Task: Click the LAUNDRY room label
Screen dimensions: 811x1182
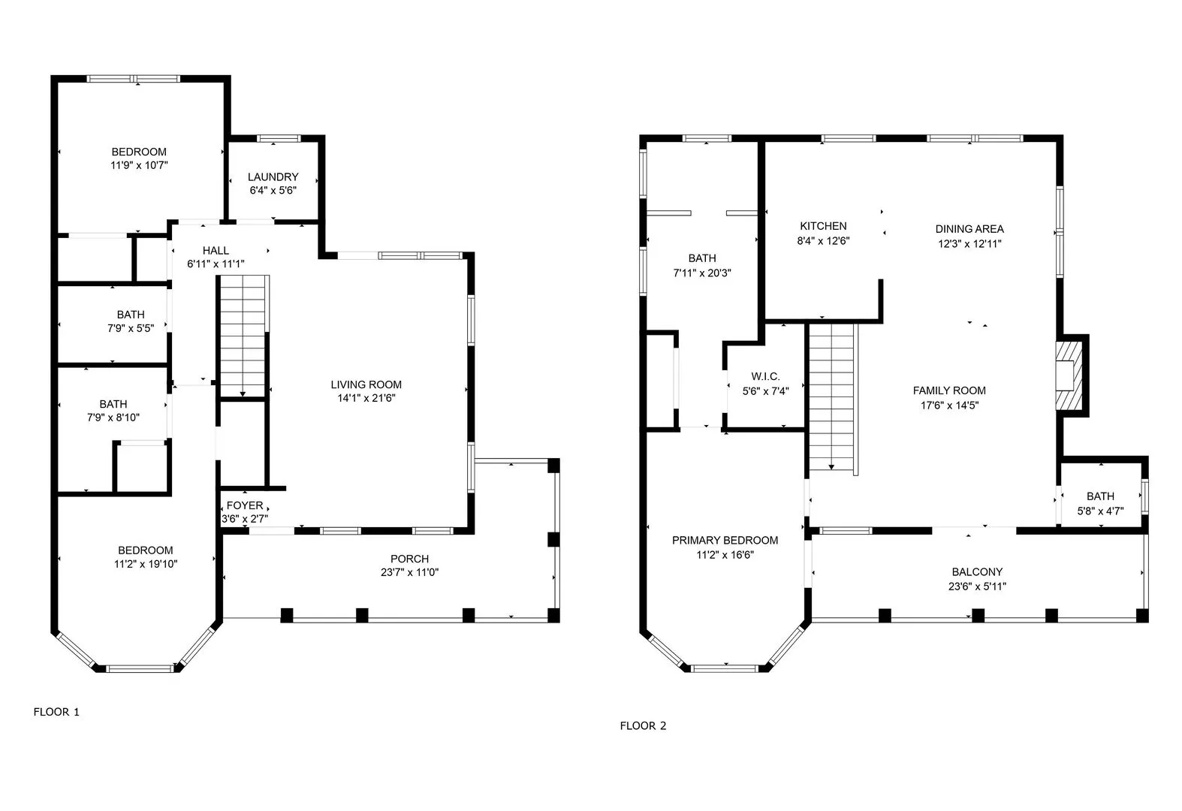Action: [x=273, y=177]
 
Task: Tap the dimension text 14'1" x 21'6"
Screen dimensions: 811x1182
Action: [x=366, y=398]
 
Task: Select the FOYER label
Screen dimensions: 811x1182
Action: [x=245, y=505]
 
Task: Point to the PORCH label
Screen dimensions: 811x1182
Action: [x=409, y=559]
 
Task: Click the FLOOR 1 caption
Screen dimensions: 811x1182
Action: [x=56, y=712]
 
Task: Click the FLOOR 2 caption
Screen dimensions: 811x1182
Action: [x=643, y=725]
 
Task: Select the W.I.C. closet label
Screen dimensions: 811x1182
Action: [x=765, y=376]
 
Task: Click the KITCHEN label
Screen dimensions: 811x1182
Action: [x=823, y=226]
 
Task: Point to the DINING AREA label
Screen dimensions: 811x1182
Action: [x=969, y=229]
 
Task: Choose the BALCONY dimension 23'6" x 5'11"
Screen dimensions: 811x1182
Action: [x=977, y=586]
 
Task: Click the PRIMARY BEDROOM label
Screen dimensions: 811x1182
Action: [x=725, y=540]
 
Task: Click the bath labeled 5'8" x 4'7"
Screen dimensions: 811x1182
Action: [x=1100, y=503]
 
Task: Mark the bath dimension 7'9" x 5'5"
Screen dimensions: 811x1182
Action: [x=131, y=328]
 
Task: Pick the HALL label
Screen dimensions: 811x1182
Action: [x=216, y=250]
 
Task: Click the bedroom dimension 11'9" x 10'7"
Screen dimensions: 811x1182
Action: [x=139, y=165]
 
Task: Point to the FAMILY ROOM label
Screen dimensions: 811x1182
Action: [x=949, y=390]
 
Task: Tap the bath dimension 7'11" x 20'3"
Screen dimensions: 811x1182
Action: [x=701, y=273]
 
